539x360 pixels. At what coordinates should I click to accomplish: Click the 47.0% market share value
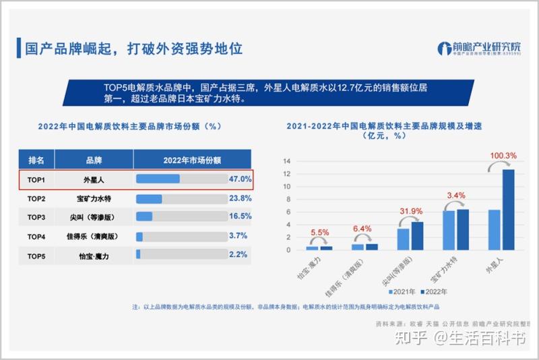click(240, 179)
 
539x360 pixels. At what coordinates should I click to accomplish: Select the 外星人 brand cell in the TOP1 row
click(94, 180)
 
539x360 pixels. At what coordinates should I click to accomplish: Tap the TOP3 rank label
click(36, 217)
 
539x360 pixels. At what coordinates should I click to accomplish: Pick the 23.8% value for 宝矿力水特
click(240, 199)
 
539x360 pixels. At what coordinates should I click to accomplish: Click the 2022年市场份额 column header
click(192, 160)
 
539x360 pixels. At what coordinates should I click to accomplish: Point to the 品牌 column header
click(94, 160)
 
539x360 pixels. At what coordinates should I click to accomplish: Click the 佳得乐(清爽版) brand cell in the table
click(94, 237)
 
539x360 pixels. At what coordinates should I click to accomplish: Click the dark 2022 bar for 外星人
click(508, 209)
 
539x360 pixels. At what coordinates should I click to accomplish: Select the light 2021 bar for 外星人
click(495, 230)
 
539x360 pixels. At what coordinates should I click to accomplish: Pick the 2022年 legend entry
click(434, 292)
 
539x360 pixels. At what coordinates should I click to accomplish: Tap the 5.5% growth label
click(319, 232)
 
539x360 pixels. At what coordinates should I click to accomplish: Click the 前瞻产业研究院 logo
click(479, 49)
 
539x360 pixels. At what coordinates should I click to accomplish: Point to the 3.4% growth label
click(456, 196)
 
